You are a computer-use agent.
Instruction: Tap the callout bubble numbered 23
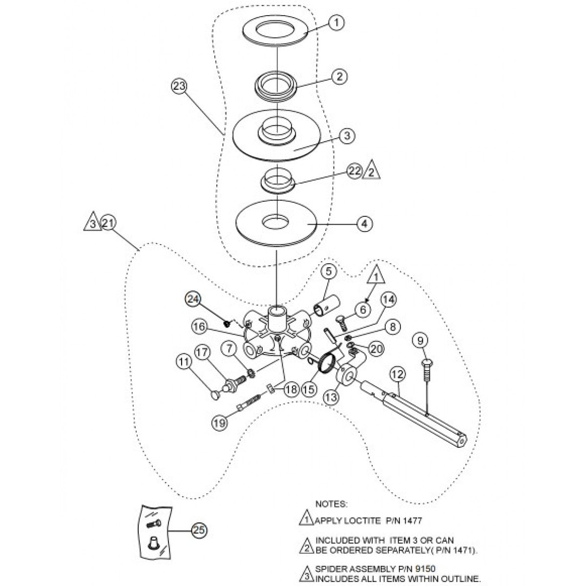tap(179, 86)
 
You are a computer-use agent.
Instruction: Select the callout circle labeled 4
tap(364, 224)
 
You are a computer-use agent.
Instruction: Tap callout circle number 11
tap(184, 362)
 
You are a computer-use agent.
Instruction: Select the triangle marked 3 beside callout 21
tap(92, 224)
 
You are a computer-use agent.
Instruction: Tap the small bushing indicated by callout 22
tap(277, 179)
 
